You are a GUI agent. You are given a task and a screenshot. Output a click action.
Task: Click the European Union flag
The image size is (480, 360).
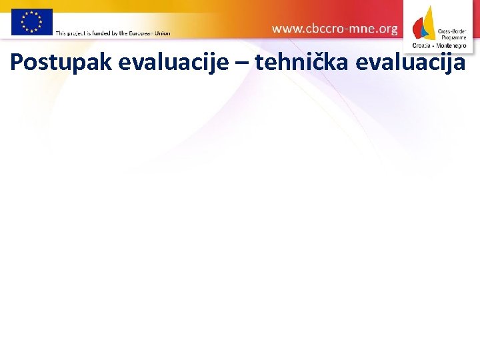(31, 21)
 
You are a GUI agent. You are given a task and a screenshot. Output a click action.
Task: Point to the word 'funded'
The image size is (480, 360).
(107, 33)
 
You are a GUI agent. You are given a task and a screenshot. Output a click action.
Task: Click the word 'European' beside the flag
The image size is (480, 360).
(141, 33)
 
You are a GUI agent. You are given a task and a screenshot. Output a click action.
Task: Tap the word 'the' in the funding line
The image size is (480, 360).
(123, 33)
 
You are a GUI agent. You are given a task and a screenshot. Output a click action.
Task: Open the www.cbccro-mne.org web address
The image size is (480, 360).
(335, 29)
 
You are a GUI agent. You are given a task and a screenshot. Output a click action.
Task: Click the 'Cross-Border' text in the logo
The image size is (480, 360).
(452, 31)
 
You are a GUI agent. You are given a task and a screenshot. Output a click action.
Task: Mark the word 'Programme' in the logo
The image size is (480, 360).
(453, 38)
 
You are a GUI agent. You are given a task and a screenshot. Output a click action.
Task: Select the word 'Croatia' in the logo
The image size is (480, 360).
(422, 46)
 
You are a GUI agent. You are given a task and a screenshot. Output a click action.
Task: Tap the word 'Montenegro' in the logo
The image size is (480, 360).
(451, 46)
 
